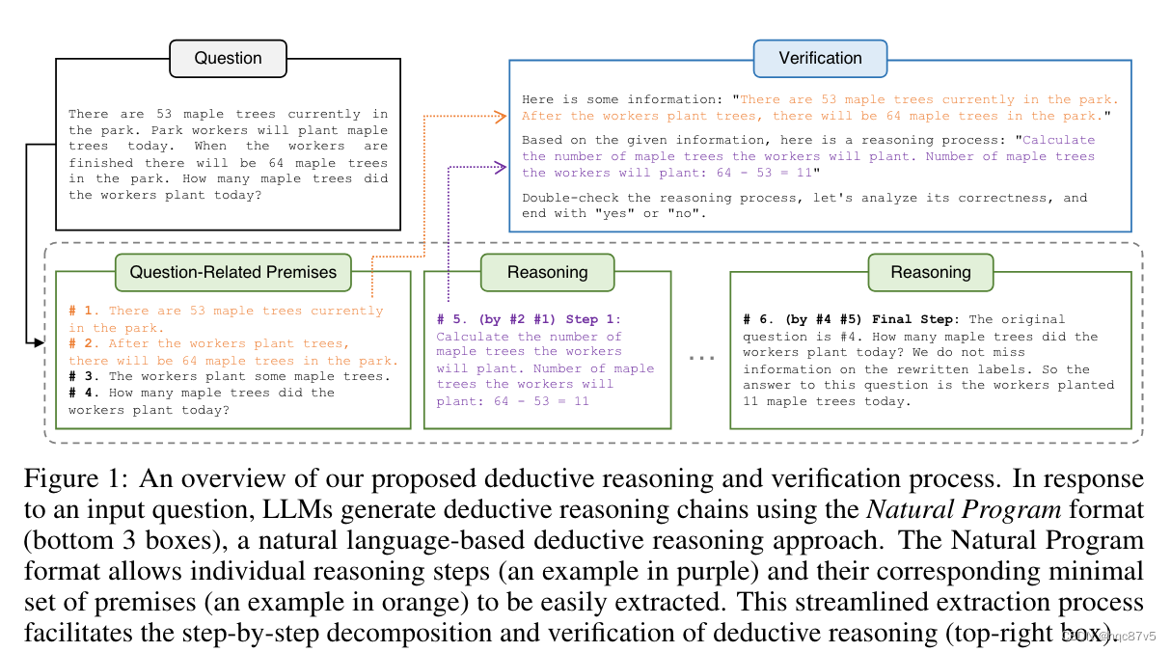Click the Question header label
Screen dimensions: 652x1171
click(228, 59)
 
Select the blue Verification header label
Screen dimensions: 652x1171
click(820, 59)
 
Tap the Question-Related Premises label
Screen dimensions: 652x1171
click(233, 272)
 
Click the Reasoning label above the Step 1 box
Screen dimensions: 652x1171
click(547, 272)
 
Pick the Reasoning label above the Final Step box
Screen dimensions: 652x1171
click(930, 272)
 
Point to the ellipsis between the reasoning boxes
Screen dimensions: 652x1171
click(701, 357)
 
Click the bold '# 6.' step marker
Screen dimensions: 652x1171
click(759, 319)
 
